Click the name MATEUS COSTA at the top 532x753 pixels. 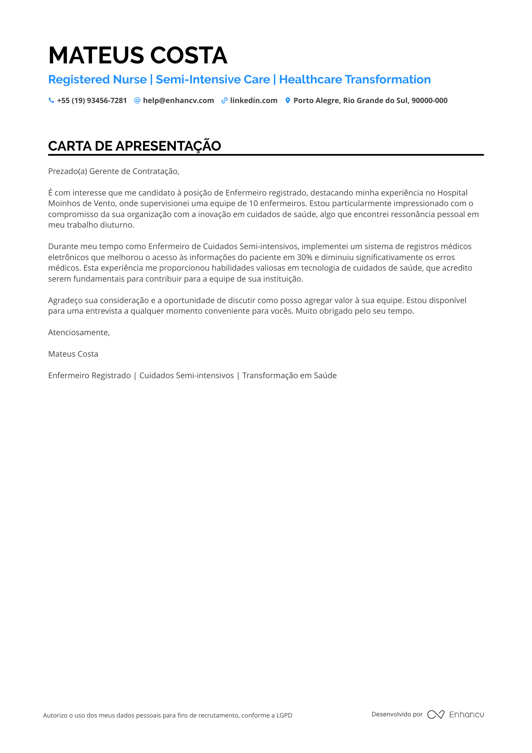click(x=138, y=55)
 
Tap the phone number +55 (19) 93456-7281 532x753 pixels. click(x=92, y=101)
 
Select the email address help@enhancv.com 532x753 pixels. click(x=178, y=101)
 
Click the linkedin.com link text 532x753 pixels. click(x=254, y=101)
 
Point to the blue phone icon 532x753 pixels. click(x=51, y=100)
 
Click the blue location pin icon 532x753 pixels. click(x=288, y=100)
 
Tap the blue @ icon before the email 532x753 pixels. click(x=137, y=100)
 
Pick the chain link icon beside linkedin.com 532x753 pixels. click(x=224, y=100)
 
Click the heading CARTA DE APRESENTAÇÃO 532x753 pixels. click(x=134, y=146)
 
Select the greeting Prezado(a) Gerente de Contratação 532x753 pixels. click(x=114, y=171)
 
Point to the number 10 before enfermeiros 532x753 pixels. click(x=253, y=203)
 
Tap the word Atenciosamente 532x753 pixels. click(x=79, y=333)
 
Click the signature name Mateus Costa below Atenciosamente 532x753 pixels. click(x=73, y=354)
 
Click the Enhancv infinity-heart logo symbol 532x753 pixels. click(x=435, y=715)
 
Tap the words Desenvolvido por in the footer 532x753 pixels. click(x=397, y=714)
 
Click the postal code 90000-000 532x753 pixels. click(x=429, y=101)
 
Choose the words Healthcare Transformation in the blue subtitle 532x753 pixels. click(x=355, y=80)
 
